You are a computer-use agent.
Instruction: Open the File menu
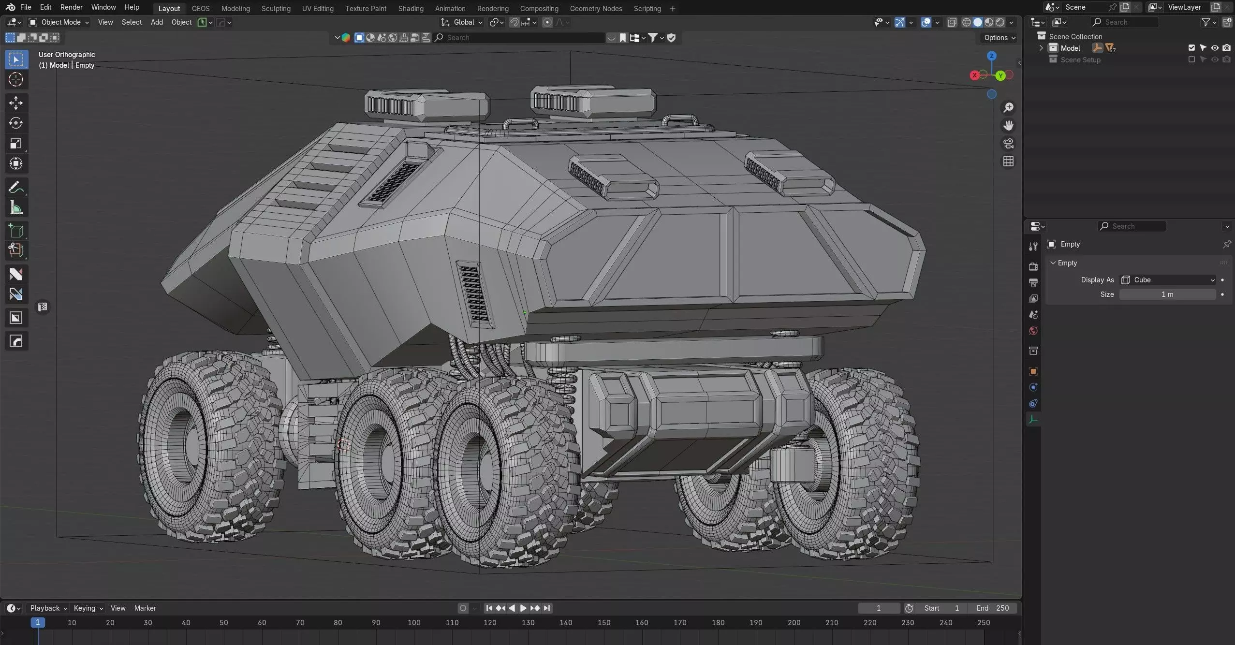pos(26,7)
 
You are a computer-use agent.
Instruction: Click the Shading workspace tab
pos(411,8)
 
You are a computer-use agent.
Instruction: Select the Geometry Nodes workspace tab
pos(596,8)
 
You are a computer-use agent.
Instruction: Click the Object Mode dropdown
pos(59,22)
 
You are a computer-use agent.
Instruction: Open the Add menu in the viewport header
pos(157,22)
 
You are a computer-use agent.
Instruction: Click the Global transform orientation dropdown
pos(463,22)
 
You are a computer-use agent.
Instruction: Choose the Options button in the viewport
pos(999,38)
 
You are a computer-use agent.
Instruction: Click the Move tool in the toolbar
pos(16,103)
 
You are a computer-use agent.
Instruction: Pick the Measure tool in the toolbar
pos(16,208)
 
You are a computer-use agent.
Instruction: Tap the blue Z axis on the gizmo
pos(992,56)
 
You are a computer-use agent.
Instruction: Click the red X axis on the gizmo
pos(974,75)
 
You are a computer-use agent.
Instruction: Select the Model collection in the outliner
pos(1070,48)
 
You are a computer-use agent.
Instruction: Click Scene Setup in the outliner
pos(1080,60)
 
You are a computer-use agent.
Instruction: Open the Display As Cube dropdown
pos(1167,280)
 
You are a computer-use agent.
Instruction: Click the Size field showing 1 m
pos(1167,294)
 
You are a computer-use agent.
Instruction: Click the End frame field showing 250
pos(993,608)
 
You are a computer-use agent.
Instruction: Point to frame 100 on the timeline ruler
pos(414,623)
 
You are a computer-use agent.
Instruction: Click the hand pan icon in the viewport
pos(1008,126)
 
